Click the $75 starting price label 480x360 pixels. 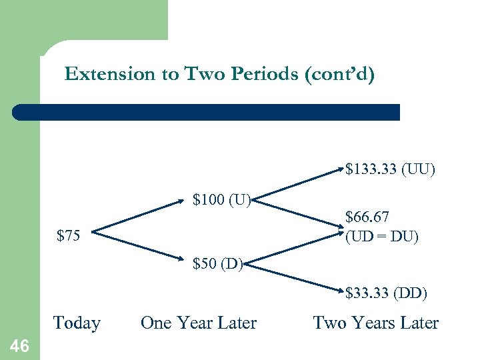coord(69,235)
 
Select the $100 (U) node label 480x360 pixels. coord(221,199)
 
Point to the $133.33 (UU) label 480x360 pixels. coord(390,169)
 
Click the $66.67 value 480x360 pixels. coord(367,217)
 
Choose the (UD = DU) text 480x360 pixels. coord(382,236)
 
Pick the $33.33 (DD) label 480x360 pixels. coord(387,292)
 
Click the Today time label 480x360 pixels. coord(77,323)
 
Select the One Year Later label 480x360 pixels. coord(199,323)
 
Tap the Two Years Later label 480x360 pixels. coord(376,323)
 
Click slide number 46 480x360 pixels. coord(20,345)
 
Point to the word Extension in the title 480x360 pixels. coord(109,74)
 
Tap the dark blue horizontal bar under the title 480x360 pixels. coord(206,112)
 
